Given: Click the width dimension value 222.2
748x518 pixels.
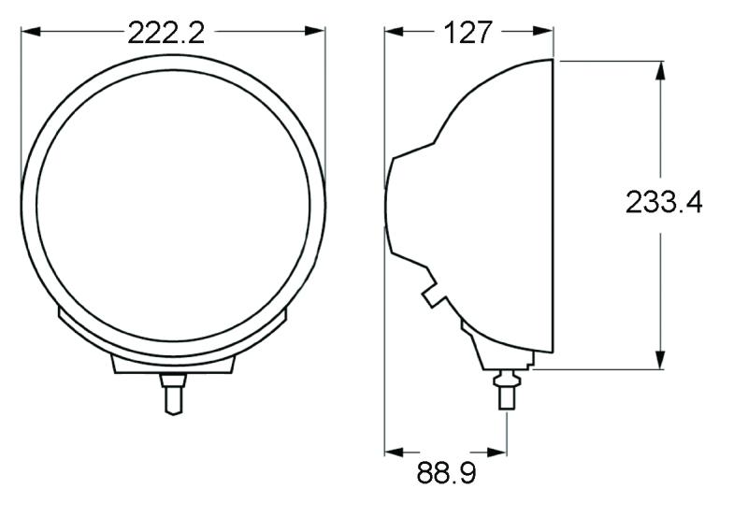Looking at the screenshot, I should click(165, 33).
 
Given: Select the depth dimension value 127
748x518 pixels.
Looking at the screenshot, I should click(467, 33).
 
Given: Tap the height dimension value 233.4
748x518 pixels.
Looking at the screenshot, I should click(663, 202).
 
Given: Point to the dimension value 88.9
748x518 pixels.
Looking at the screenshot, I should click(446, 473).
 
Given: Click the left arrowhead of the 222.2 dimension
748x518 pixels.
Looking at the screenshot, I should click(29, 32).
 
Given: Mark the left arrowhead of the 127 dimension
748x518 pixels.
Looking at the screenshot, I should click(393, 32).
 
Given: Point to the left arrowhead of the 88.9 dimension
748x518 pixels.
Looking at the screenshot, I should click(393, 451).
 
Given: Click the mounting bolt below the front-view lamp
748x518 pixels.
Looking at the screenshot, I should click(172, 392).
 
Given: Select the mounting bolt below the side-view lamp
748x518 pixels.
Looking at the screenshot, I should click(506, 388).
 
